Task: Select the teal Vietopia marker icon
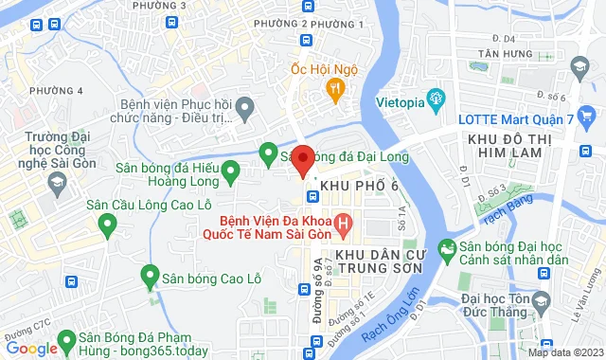click(437, 96)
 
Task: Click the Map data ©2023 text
click(564, 352)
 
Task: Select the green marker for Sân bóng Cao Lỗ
click(149, 276)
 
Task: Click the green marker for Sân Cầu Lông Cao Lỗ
click(107, 224)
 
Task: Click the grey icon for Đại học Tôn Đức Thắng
click(542, 302)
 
